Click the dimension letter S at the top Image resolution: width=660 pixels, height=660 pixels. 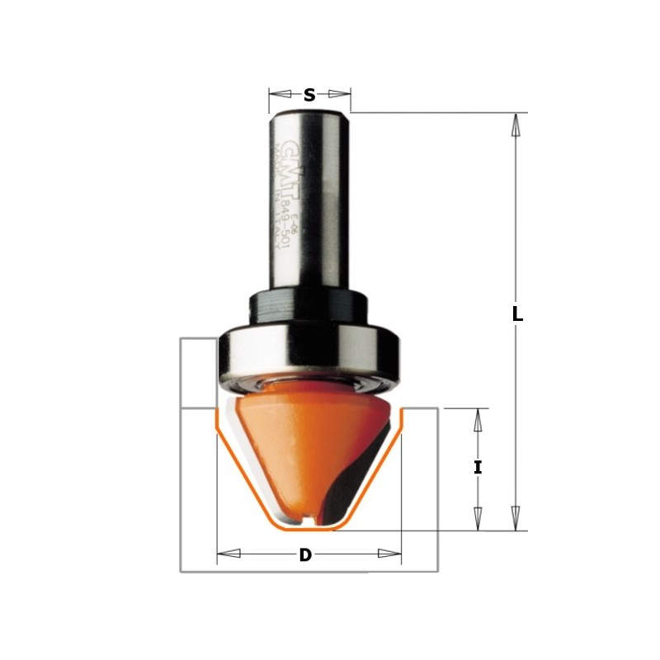click(x=309, y=95)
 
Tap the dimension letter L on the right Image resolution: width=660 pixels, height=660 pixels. click(x=517, y=314)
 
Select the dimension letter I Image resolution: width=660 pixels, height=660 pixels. click(x=478, y=468)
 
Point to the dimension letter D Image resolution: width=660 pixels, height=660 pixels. click(x=305, y=555)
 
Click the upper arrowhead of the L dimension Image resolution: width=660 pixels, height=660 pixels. click(x=516, y=124)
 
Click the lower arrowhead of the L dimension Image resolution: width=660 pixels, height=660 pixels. click(x=516, y=519)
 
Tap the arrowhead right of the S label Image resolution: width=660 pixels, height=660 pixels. click(x=337, y=93)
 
